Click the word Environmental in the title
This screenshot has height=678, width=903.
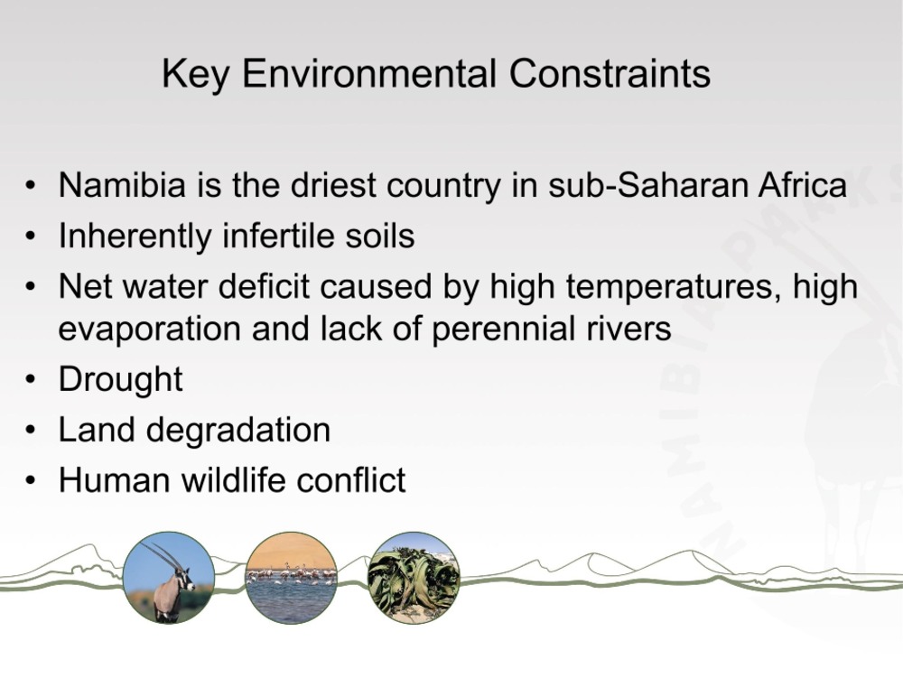(368, 74)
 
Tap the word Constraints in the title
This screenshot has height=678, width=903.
(610, 74)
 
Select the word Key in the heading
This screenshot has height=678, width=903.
(196, 75)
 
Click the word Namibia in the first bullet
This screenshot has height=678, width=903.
(122, 185)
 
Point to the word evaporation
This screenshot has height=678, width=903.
(150, 330)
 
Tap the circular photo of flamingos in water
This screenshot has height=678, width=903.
(291, 578)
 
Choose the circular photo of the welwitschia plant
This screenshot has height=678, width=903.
(414, 578)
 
